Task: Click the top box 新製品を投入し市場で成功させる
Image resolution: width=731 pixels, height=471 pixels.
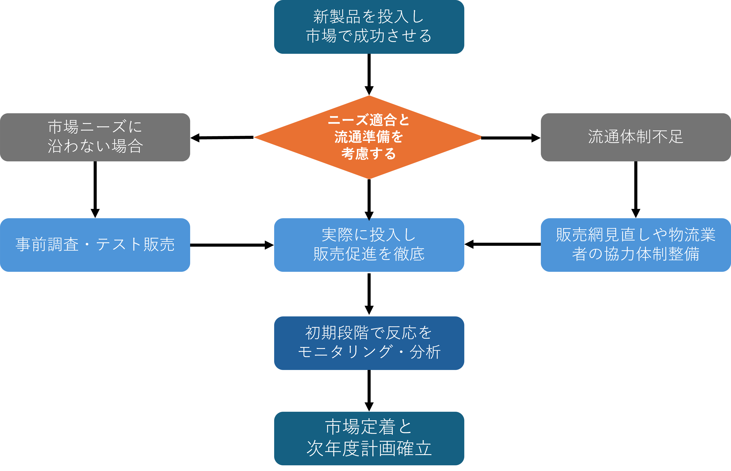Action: (369, 27)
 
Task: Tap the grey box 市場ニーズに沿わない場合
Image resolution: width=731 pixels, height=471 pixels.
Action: (95, 137)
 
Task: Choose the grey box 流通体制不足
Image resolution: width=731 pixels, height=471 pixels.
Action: (636, 137)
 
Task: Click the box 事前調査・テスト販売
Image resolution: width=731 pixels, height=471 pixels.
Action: (95, 245)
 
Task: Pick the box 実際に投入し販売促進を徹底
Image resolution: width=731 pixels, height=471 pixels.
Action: (369, 245)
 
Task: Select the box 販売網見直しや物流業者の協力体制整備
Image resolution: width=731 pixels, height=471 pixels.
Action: (636, 245)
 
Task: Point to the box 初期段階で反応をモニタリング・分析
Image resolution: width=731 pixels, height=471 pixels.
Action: (369, 343)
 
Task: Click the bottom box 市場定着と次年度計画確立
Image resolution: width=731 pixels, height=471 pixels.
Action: (369, 438)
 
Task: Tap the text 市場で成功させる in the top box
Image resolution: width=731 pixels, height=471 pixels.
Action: (369, 36)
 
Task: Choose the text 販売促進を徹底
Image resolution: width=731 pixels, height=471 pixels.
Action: (369, 254)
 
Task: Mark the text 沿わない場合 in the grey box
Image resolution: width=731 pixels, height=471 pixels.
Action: (95, 146)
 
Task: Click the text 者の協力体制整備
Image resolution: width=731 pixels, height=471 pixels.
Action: (636, 254)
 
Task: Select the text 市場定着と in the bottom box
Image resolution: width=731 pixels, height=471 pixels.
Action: (369, 427)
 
